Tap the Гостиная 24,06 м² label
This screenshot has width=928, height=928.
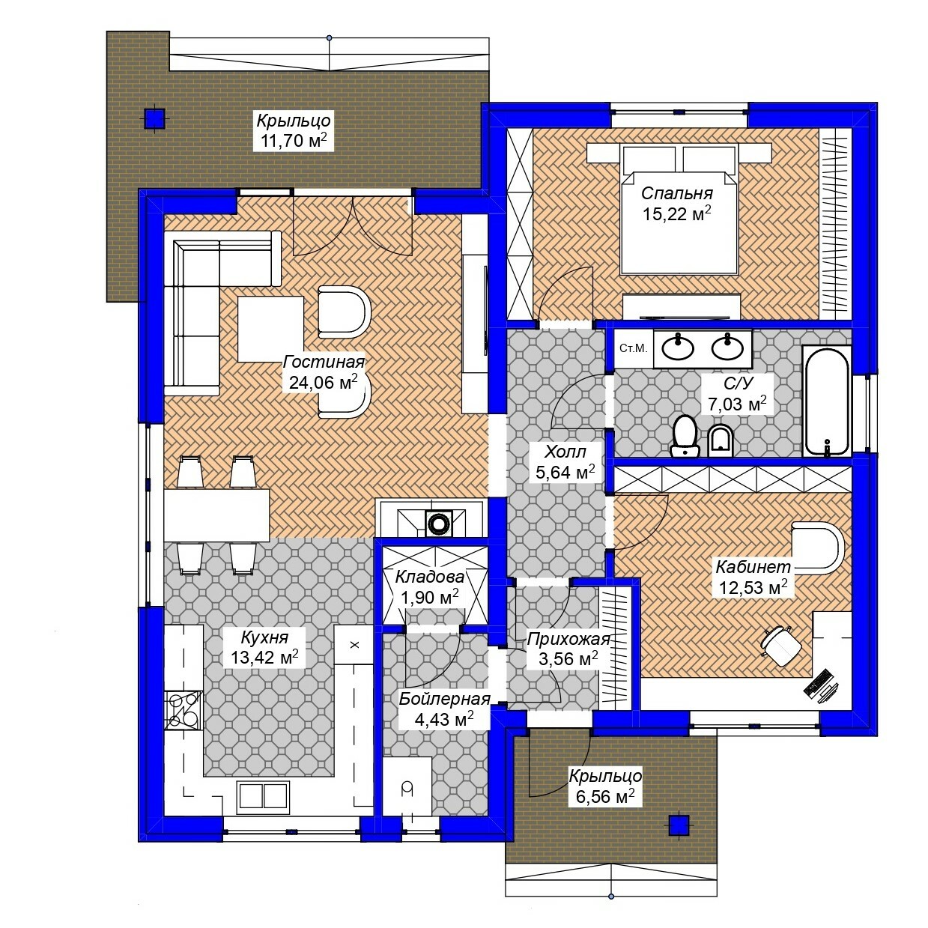[x=324, y=372]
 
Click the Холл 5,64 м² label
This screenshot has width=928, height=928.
[x=565, y=462]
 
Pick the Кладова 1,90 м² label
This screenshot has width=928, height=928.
[x=430, y=587]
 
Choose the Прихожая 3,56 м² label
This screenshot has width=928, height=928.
[x=568, y=649]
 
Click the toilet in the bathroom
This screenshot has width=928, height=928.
[x=685, y=436]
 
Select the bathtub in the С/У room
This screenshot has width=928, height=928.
[x=826, y=401]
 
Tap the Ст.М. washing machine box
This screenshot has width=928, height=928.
[x=634, y=348]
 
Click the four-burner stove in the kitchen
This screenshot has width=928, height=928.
[x=184, y=710]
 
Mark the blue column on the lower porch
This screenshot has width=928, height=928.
[x=679, y=825]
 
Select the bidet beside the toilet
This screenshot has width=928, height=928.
[x=721, y=441]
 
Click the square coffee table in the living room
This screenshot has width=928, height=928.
[x=270, y=329]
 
